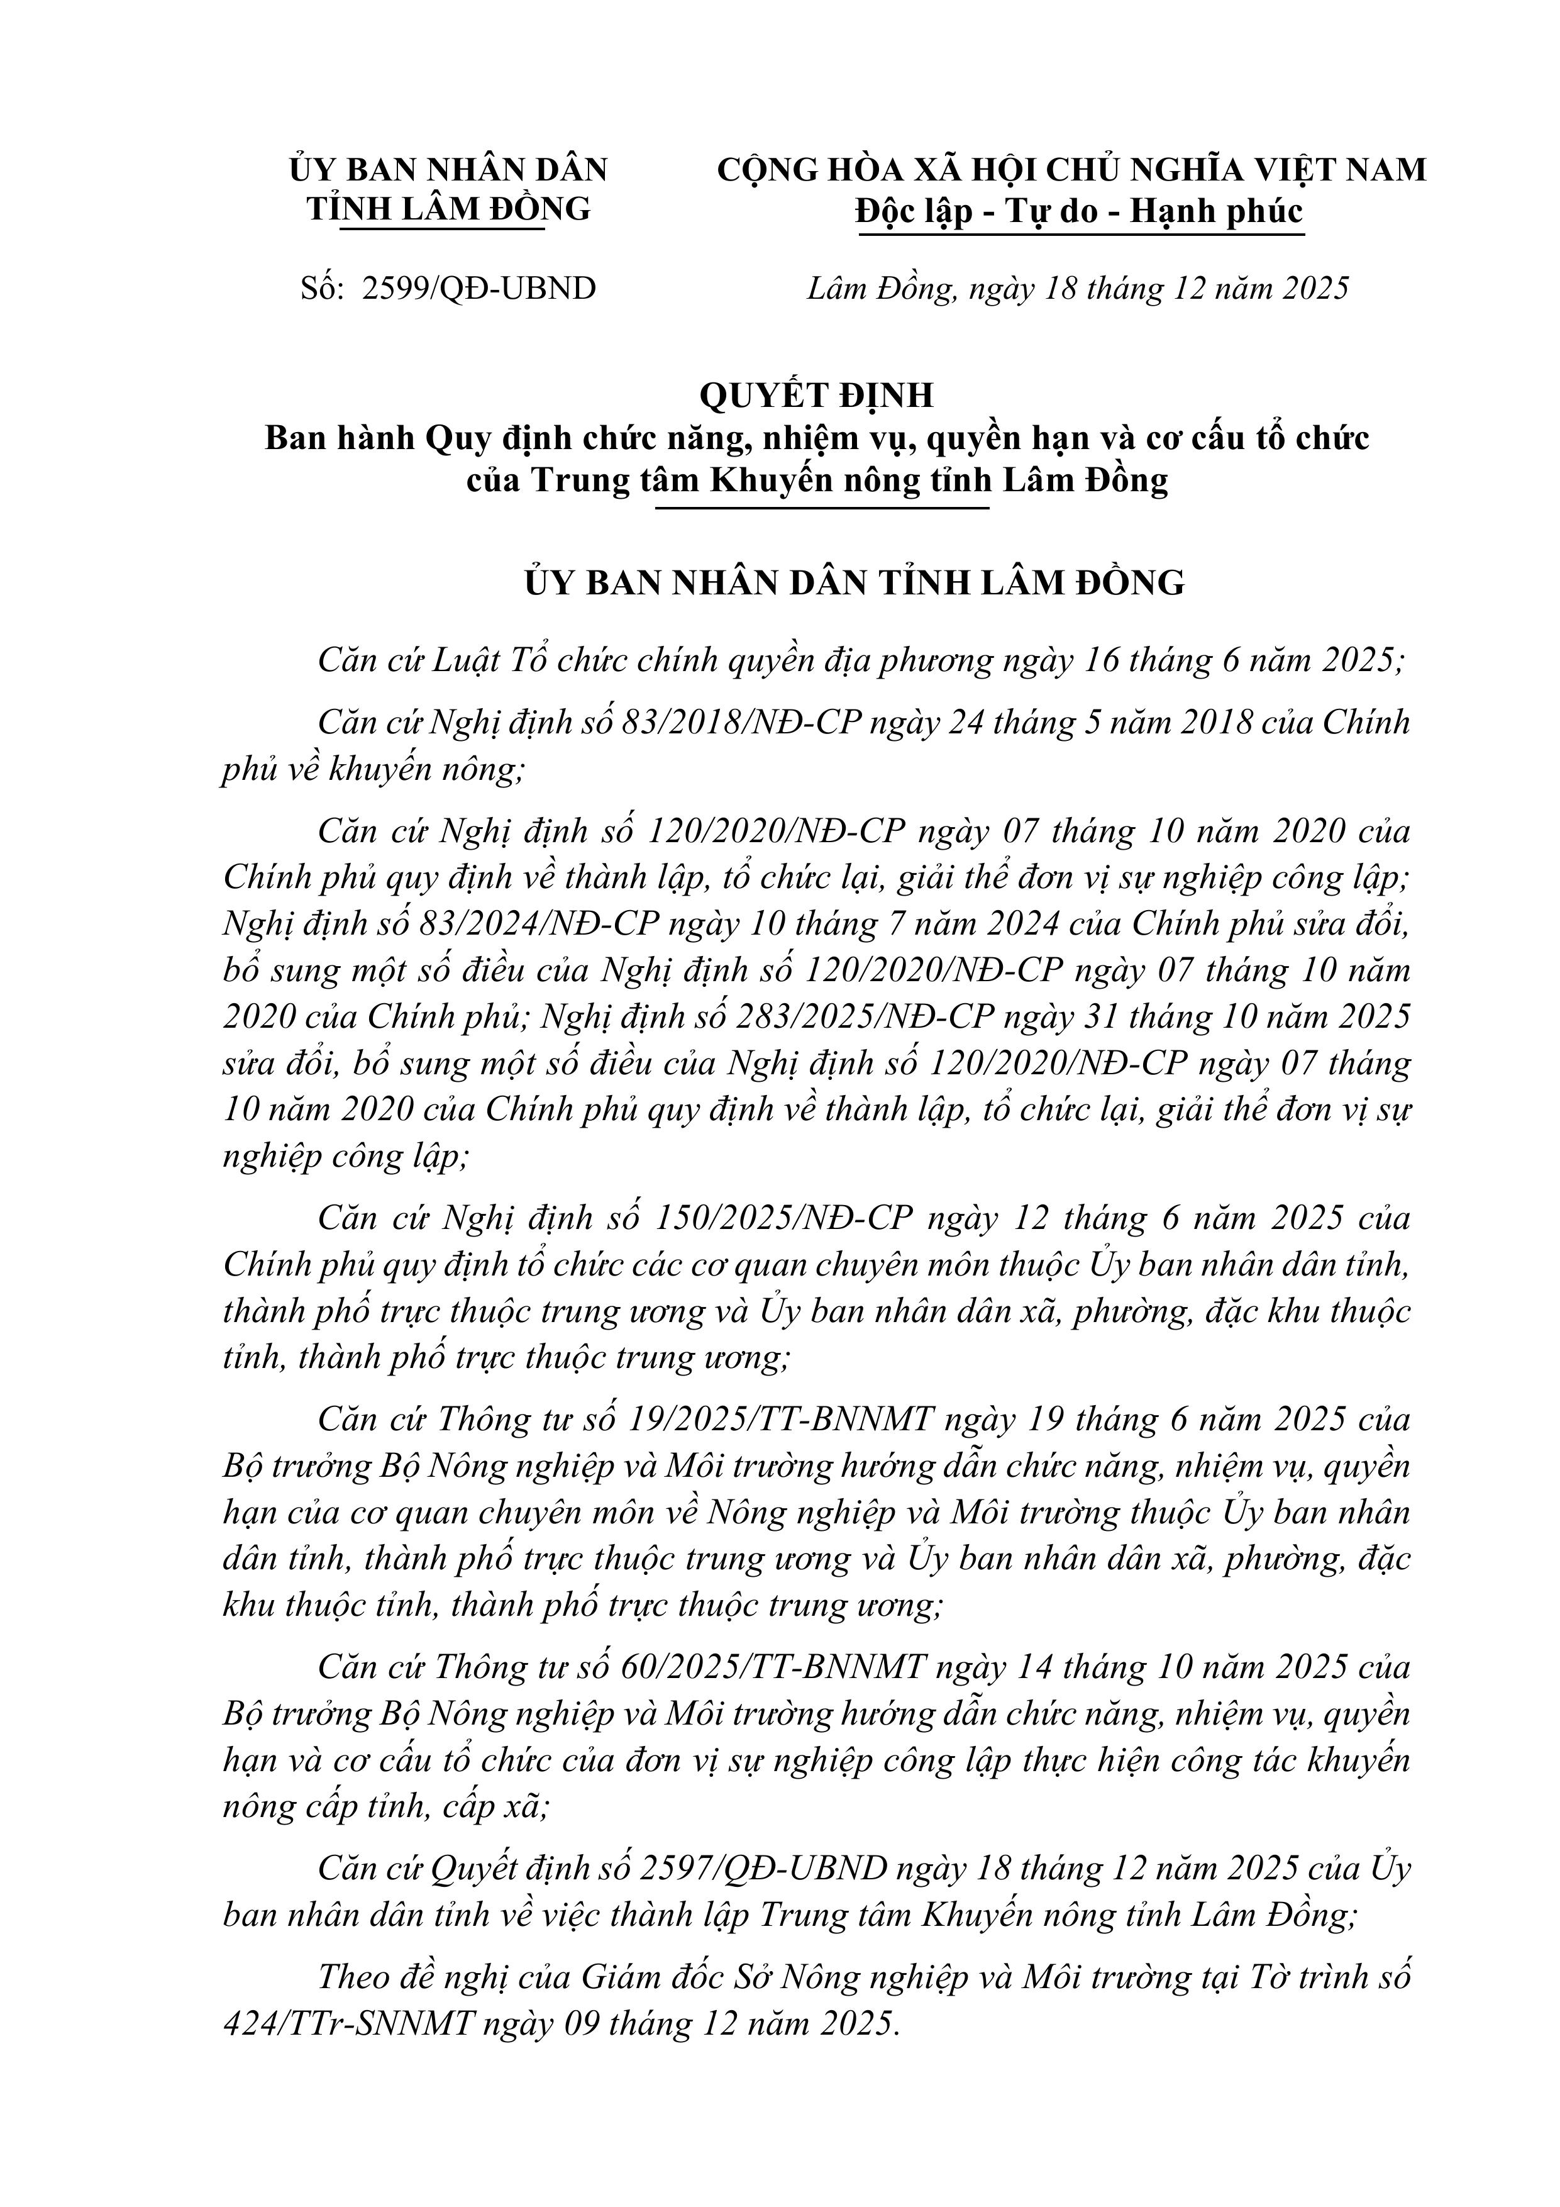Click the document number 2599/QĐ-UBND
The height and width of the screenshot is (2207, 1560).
click(479, 288)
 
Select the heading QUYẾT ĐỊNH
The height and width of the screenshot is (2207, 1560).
click(816, 395)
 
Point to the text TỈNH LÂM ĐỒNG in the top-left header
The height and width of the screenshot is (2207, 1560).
click(448, 209)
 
